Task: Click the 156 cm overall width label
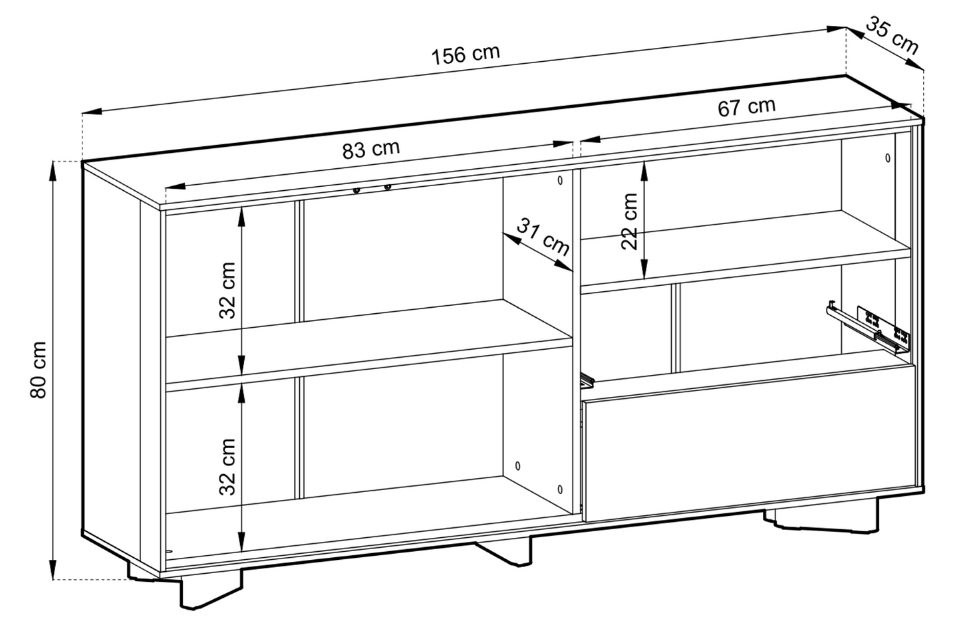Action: pos(466,54)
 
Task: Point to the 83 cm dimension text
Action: pos(371,149)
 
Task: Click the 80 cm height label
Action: pos(38,370)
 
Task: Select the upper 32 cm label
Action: pos(227,291)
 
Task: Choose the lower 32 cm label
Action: pos(227,467)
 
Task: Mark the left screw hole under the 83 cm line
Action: pos(357,191)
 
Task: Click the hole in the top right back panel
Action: pos(888,158)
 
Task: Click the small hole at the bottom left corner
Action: pos(168,551)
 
